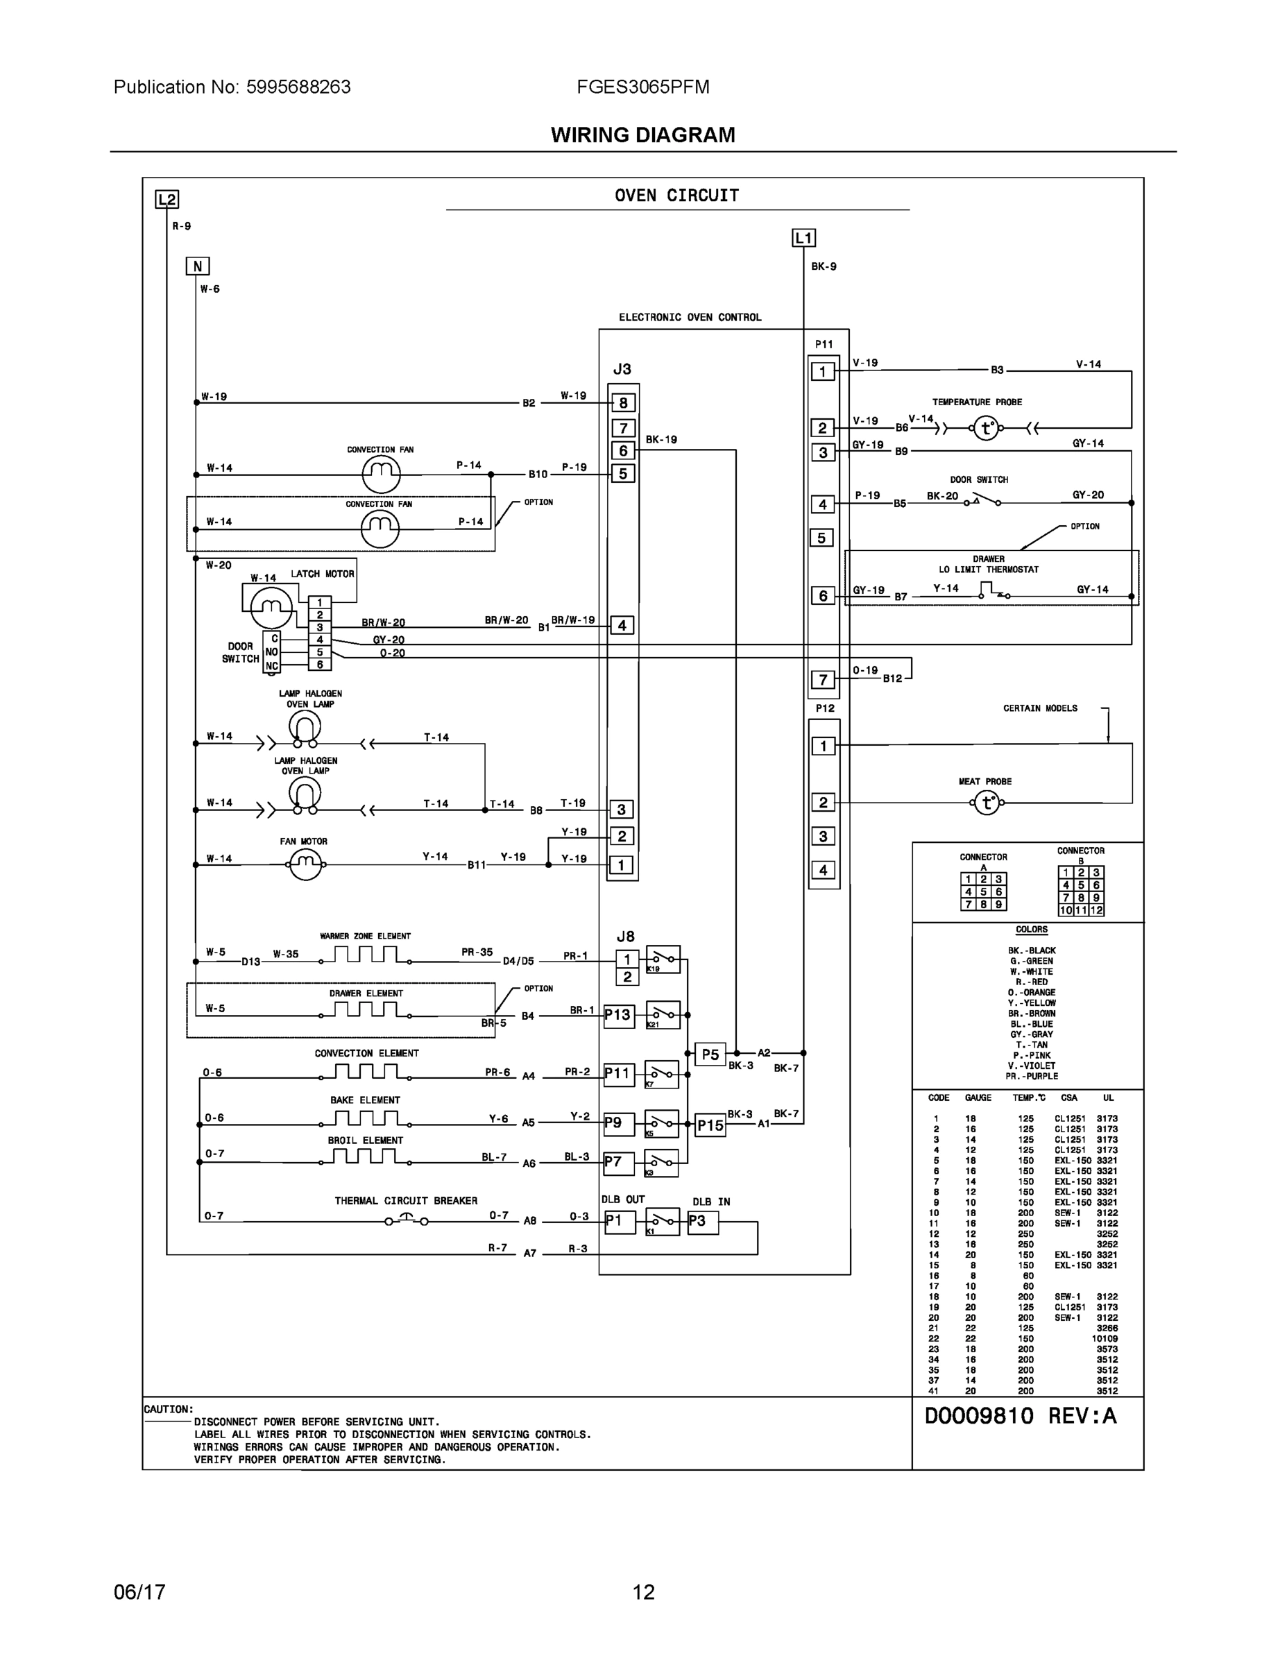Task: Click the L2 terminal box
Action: click(167, 200)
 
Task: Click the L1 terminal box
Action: click(803, 238)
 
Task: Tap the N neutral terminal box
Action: click(198, 266)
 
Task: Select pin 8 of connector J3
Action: click(623, 403)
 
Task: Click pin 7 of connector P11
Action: click(823, 679)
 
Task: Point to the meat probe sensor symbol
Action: click(987, 803)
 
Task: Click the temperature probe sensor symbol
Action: click(986, 429)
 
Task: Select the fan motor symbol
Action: click(305, 864)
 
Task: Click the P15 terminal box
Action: click(710, 1125)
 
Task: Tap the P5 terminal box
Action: click(710, 1054)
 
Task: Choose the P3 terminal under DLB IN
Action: click(701, 1221)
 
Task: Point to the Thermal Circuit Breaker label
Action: click(406, 1201)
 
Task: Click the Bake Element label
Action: click(364, 1100)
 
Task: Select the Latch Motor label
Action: click(322, 574)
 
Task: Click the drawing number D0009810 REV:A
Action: click(1020, 1416)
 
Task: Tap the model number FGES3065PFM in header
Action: click(642, 87)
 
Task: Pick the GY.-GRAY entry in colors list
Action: click(1031, 1034)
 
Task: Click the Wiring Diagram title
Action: click(642, 135)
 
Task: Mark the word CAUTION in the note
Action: click(169, 1410)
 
